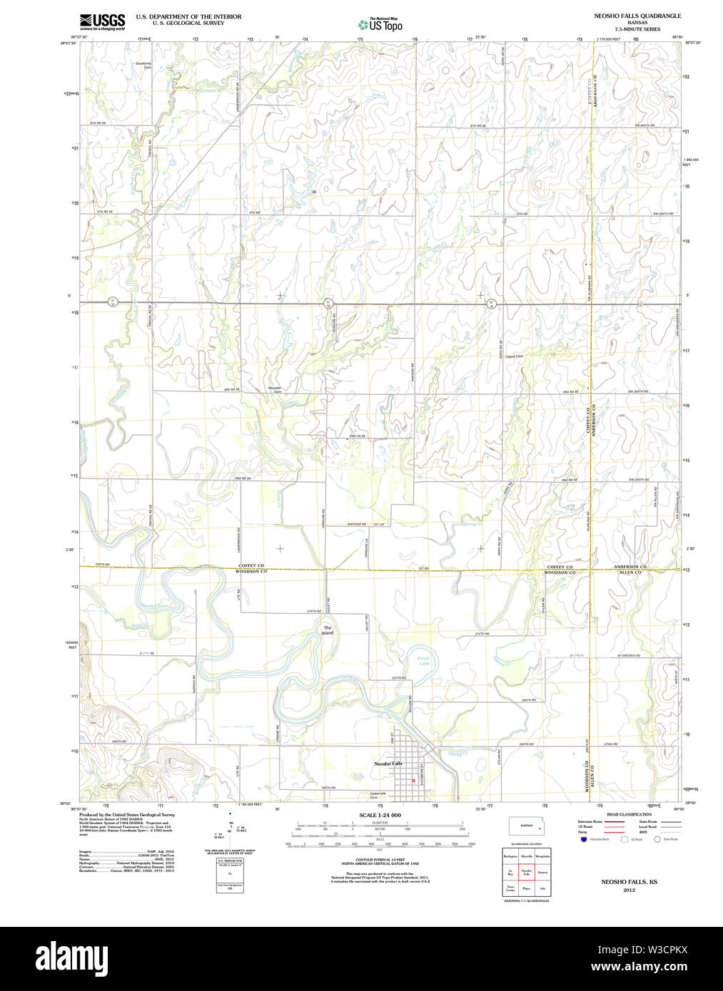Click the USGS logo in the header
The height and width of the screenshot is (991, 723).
click(101, 21)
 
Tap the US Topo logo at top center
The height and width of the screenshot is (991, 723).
click(380, 24)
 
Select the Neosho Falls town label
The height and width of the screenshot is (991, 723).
click(388, 764)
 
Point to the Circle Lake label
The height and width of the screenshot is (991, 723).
click(424, 661)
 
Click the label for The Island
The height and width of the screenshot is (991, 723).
click(327, 630)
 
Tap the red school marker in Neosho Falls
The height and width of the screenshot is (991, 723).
click(413, 781)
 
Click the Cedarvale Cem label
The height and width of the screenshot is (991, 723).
click(378, 795)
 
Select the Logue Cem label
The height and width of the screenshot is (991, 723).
click(514, 356)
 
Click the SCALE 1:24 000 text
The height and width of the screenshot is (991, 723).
click(380, 815)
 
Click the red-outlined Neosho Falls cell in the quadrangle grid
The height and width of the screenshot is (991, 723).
click(527, 872)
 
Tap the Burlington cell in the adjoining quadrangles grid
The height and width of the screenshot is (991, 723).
click(510, 855)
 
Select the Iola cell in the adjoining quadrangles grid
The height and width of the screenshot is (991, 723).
click(543, 889)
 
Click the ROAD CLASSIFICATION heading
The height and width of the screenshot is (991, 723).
click(629, 814)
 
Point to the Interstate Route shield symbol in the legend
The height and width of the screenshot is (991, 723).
click(583, 840)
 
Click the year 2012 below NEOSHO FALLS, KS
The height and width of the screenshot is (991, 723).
click(629, 890)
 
